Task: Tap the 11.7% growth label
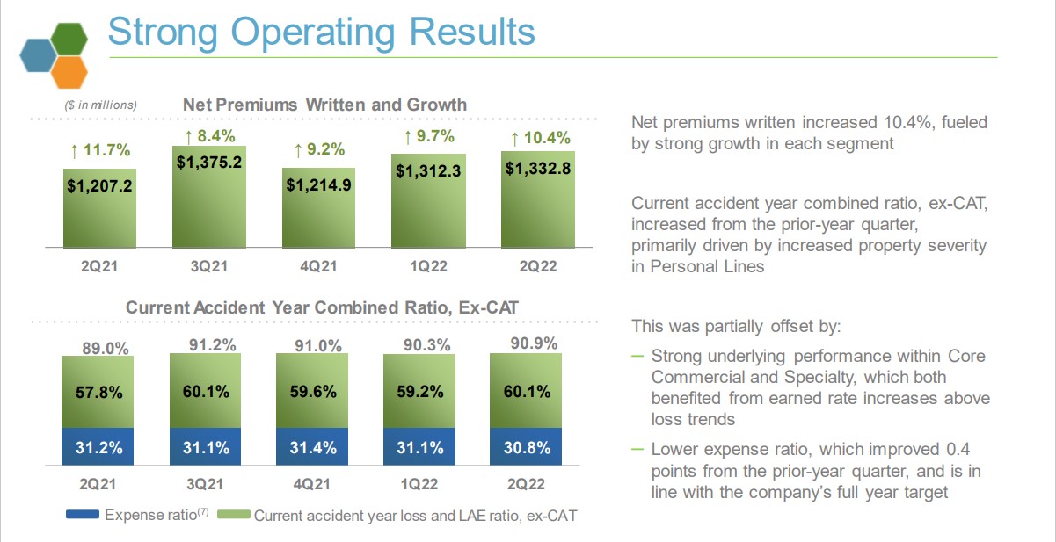tap(98, 151)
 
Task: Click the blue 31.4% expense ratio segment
tap(312, 448)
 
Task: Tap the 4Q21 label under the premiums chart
tap(317, 264)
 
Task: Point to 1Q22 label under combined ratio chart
tap(420, 484)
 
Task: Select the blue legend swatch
tap(83, 515)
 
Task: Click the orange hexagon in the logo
tap(69, 72)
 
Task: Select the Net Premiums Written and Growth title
tap(324, 105)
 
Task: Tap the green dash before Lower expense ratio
tap(637, 448)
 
